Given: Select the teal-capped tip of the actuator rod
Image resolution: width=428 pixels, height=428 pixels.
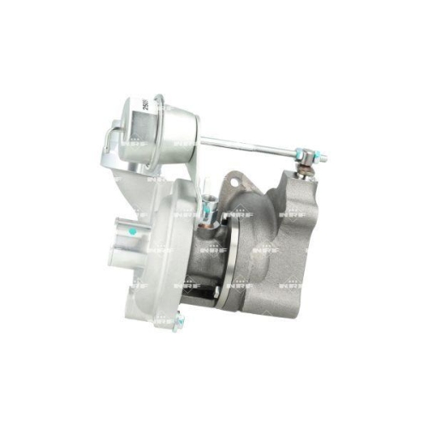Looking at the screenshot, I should tap(322, 158).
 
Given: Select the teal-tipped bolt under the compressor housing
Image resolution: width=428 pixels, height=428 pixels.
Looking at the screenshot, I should tap(177, 323).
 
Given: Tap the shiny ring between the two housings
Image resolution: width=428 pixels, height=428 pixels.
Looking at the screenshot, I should tap(224, 257).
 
